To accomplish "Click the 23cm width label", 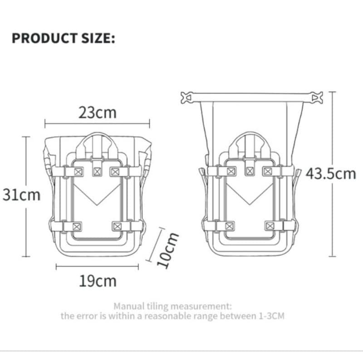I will coord(97,112).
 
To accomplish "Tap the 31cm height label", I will coord(21,195).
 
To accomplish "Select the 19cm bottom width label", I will coord(97,281).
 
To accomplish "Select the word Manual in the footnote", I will coord(129,306).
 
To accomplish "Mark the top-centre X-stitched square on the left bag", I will coord(97,172).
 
